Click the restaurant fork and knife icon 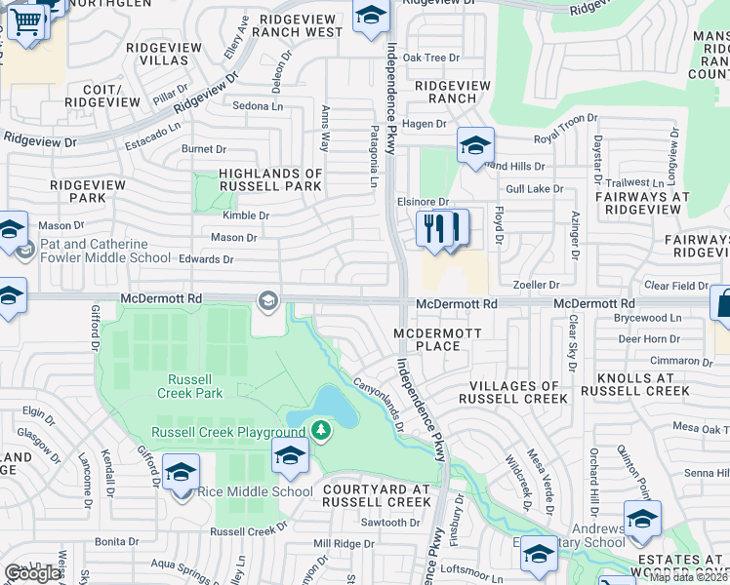point(442,229)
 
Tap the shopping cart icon point(28,20)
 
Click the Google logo point(32,573)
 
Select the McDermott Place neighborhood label point(426,339)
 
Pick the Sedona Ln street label point(258,105)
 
